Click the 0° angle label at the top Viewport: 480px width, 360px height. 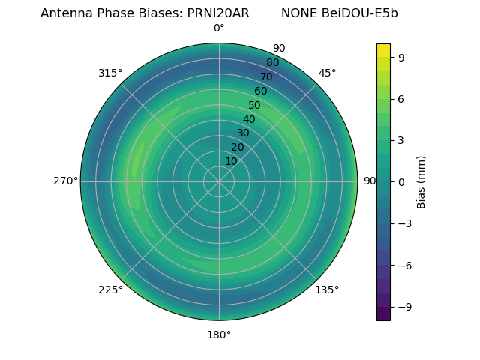pyautogui.click(x=219, y=28)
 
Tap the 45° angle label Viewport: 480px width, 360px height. pyautogui.click(x=327, y=73)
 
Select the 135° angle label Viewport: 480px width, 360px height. pyautogui.click(x=327, y=290)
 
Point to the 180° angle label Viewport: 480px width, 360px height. pyautogui.click(x=219, y=334)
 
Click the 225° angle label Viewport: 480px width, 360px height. pyautogui.click(x=110, y=290)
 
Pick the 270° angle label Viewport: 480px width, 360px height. pyautogui.click(x=65, y=181)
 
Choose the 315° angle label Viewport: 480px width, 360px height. pyautogui.click(x=110, y=73)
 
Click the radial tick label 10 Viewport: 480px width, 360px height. pyautogui.click(x=231, y=161)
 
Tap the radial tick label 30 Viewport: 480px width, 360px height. pyautogui.click(x=243, y=133)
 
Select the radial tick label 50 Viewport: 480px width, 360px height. pyautogui.click(x=255, y=106)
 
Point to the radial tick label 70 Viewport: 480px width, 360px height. pyautogui.click(x=266, y=77)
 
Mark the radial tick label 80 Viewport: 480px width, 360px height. pyautogui.click(x=272, y=63)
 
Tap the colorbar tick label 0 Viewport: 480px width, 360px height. pyautogui.click(x=401, y=181)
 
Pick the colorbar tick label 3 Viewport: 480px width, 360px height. pyautogui.click(x=401, y=139)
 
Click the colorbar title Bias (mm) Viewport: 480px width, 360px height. pyautogui.click(x=421, y=181)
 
